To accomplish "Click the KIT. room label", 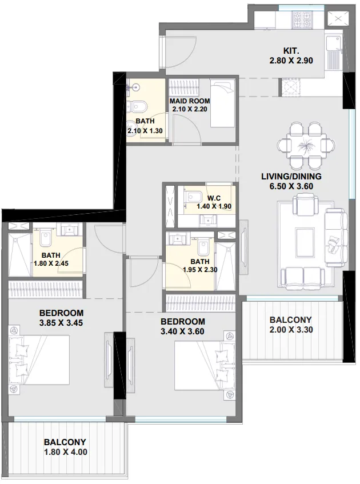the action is pyautogui.click(x=291, y=50).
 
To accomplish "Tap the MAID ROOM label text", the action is pyautogui.click(x=190, y=101).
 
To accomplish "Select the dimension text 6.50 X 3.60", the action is pyautogui.click(x=291, y=186).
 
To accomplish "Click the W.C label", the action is pyautogui.click(x=214, y=198).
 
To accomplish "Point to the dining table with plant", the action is pyautogui.click(x=306, y=145).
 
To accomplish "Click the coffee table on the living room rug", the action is pyautogui.click(x=306, y=243).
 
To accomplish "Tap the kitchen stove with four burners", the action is pyautogui.click(x=302, y=19).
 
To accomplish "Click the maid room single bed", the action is pyautogui.click(x=223, y=103).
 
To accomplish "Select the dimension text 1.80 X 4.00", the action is pyautogui.click(x=66, y=452).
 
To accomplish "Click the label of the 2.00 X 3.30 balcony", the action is pyautogui.click(x=290, y=319).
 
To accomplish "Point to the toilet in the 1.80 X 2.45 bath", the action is pyautogui.click(x=46, y=238).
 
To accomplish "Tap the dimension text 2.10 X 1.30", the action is pyautogui.click(x=145, y=131).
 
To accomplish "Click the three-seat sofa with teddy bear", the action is pyautogui.click(x=334, y=237).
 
